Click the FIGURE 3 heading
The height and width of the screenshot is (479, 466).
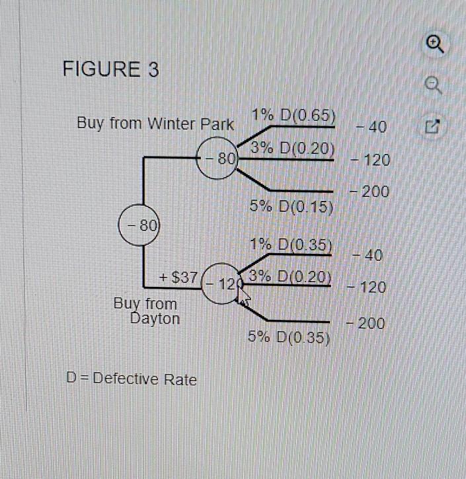[110, 69]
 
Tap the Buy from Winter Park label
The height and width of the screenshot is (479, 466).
[155, 124]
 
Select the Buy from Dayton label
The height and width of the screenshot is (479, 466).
[146, 311]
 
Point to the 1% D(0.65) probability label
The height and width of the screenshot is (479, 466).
[293, 116]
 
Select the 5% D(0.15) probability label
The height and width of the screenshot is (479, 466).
[291, 206]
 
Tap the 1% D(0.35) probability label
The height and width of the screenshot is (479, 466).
[291, 244]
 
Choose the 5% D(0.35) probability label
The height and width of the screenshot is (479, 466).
[289, 337]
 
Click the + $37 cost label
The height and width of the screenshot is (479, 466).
[178, 277]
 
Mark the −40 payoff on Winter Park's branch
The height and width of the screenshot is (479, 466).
[371, 126]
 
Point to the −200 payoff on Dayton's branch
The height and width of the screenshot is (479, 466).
[365, 323]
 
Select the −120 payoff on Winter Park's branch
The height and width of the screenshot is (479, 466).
[370, 160]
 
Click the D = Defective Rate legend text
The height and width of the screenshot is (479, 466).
[132, 379]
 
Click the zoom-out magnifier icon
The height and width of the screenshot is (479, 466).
[434, 85]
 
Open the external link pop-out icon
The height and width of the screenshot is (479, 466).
[433, 126]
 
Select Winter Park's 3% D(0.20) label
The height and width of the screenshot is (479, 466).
[292, 149]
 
